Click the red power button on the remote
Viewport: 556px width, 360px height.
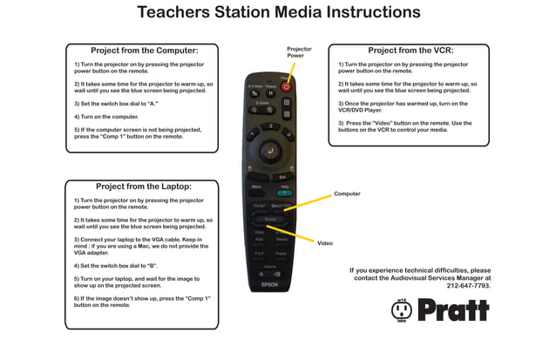click(x=285, y=87)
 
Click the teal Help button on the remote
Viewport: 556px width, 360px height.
click(x=284, y=193)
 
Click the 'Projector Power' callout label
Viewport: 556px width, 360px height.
click(x=299, y=52)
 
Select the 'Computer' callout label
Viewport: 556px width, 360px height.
click(x=347, y=194)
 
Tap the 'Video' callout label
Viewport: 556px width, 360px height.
click(x=325, y=242)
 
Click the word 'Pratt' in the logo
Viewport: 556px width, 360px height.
click(x=452, y=309)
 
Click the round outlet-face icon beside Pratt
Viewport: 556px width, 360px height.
click(x=402, y=310)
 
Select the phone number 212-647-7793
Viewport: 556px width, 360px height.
click(x=468, y=285)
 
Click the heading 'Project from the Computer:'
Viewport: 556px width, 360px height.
click(x=145, y=51)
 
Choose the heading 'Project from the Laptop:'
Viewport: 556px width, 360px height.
click(x=144, y=186)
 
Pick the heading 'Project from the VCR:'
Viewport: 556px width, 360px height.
click(x=410, y=51)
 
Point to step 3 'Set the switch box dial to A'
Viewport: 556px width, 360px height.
click(x=116, y=103)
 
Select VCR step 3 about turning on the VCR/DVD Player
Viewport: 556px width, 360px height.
click(x=403, y=106)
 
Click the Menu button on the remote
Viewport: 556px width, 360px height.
click(x=256, y=187)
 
